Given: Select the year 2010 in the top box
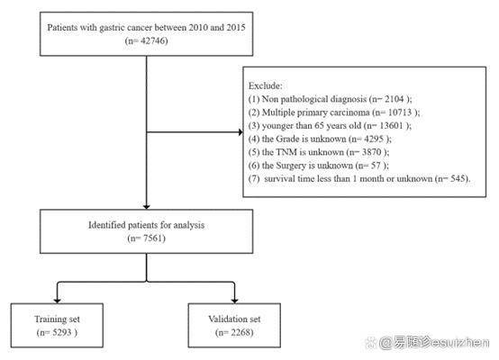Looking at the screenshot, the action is click(197, 28).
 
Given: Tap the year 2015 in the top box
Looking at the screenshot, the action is click(236, 28).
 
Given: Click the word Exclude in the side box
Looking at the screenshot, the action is click(265, 85).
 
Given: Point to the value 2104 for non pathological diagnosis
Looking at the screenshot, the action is click(395, 99).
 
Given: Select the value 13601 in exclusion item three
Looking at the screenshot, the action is click(391, 126).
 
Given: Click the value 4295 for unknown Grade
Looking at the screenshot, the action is click(373, 139).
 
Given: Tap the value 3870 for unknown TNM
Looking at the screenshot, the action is click(371, 152).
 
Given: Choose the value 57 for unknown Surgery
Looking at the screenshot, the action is click(376, 166).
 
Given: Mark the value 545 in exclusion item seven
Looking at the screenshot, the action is click(458, 179).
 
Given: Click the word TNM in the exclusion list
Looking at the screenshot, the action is click(286, 152).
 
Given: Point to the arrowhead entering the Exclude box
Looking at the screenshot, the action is click(240, 132).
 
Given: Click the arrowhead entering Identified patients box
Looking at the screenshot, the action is click(147, 207).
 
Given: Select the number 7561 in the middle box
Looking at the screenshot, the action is click(153, 238).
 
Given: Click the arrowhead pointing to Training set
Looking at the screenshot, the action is click(58, 301).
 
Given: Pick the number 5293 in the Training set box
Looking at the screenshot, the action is click(62, 333).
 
